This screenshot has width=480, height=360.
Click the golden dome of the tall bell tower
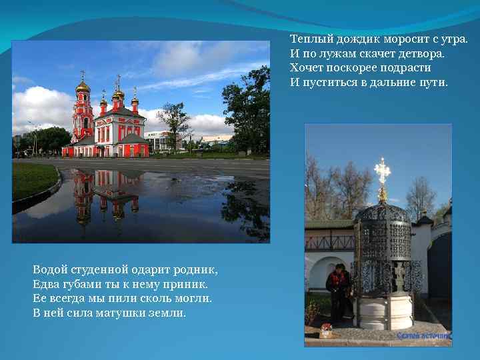[83, 87]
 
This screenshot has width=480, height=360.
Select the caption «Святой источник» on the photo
[423, 336]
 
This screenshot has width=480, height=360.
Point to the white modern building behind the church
[160, 141]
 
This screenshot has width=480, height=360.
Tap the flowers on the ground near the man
[326, 328]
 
